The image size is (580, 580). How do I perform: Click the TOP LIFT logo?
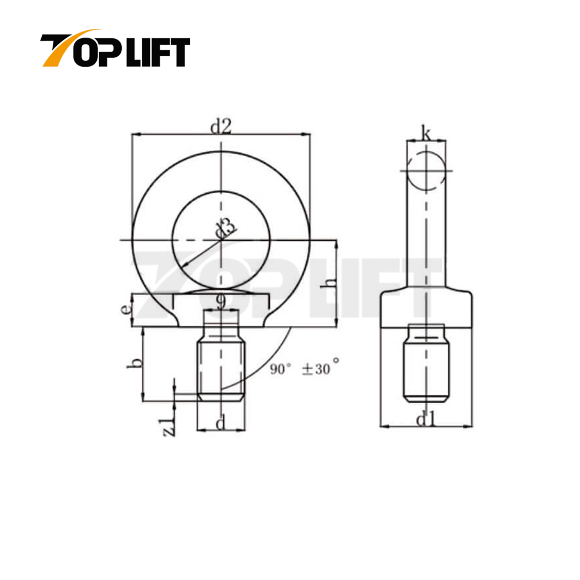tap(115, 49)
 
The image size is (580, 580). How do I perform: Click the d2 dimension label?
tap(220, 126)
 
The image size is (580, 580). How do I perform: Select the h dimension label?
tap(329, 284)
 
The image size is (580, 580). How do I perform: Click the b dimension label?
tap(134, 363)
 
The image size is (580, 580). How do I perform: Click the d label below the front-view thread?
tap(220, 424)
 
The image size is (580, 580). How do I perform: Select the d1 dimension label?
tap(426, 419)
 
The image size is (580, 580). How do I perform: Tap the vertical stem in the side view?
tap(426, 238)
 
